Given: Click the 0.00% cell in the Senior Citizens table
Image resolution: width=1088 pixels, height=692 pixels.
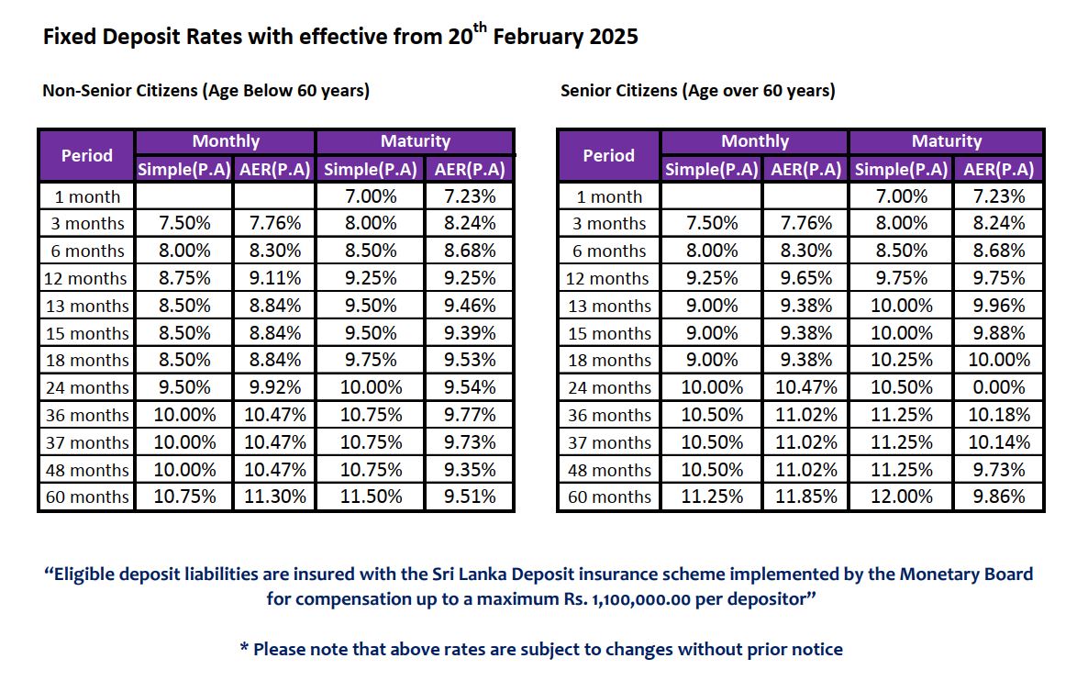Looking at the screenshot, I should (999, 387).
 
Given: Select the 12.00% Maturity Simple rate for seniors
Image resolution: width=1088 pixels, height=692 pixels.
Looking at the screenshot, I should (901, 497).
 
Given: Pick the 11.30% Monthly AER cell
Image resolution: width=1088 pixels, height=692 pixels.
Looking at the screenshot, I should (275, 497).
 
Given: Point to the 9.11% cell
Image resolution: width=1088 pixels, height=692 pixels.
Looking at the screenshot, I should (275, 278).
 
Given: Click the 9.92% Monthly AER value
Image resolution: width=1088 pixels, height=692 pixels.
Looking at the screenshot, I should (275, 387).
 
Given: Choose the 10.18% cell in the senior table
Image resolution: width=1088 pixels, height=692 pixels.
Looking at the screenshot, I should (999, 415).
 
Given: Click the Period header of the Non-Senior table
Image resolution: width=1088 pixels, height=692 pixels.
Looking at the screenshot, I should (87, 155).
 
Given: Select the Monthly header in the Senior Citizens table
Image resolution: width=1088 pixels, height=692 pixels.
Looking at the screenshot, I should (754, 141).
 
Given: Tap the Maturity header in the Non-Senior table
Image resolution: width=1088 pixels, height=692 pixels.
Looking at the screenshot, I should (415, 141).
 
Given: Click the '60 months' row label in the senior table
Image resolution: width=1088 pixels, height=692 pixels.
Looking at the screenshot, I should (609, 497).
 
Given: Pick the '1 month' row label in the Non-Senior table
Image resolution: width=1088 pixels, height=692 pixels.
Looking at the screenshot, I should (87, 196).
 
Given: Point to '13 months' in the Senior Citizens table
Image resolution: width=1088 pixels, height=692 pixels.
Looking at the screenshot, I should (609, 306).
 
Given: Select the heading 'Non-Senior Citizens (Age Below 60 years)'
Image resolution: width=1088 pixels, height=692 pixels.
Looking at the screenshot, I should (205, 91).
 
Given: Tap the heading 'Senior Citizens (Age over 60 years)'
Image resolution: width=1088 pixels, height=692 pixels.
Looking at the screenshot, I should (697, 91).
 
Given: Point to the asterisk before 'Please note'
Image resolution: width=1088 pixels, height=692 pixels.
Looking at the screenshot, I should (244, 648).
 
